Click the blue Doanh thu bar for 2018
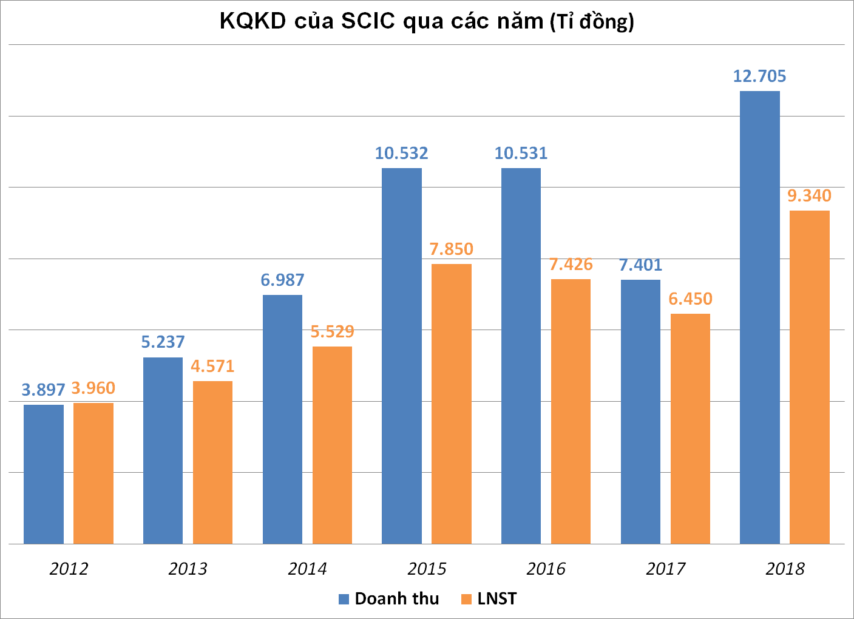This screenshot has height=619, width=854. pyautogui.click(x=759, y=317)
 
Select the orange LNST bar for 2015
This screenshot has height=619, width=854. pyautogui.click(x=451, y=404)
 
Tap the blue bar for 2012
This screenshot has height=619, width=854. pyautogui.click(x=44, y=474)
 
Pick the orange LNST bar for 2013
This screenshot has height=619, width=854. pyautogui.click(x=212, y=462)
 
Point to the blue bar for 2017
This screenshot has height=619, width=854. pyautogui.click(x=640, y=411)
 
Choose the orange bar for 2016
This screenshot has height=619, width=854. pyautogui.click(x=571, y=411)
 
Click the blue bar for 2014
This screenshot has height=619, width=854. pyautogui.click(x=282, y=419)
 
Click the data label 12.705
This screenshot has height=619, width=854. pyautogui.click(x=759, y=76)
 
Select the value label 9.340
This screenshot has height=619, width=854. pyautogui.click(x=809, y=196)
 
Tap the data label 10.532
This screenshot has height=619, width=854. pyautogui.click(x=401, y=154)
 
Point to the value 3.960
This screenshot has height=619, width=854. pyautogui.click(x=93, y=388)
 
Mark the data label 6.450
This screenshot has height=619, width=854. pyautogui.click(x=690, y=299)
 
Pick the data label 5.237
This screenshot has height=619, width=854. pyautogui.click(x=163, y=342)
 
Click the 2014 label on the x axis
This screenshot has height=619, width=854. pyautogui.click(x=307, y=569)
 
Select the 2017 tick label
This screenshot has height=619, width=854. pyautogui.click(x=665, y=569)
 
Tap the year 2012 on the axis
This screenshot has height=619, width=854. pyautogui.click(x=69, y=569)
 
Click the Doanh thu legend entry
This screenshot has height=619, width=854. pyautogui.click(x=388, y=599)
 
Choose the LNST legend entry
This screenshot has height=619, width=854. pyautogui.click(x=489, y=599)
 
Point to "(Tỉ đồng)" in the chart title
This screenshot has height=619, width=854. pyautogui.click(x=592, y=22)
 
